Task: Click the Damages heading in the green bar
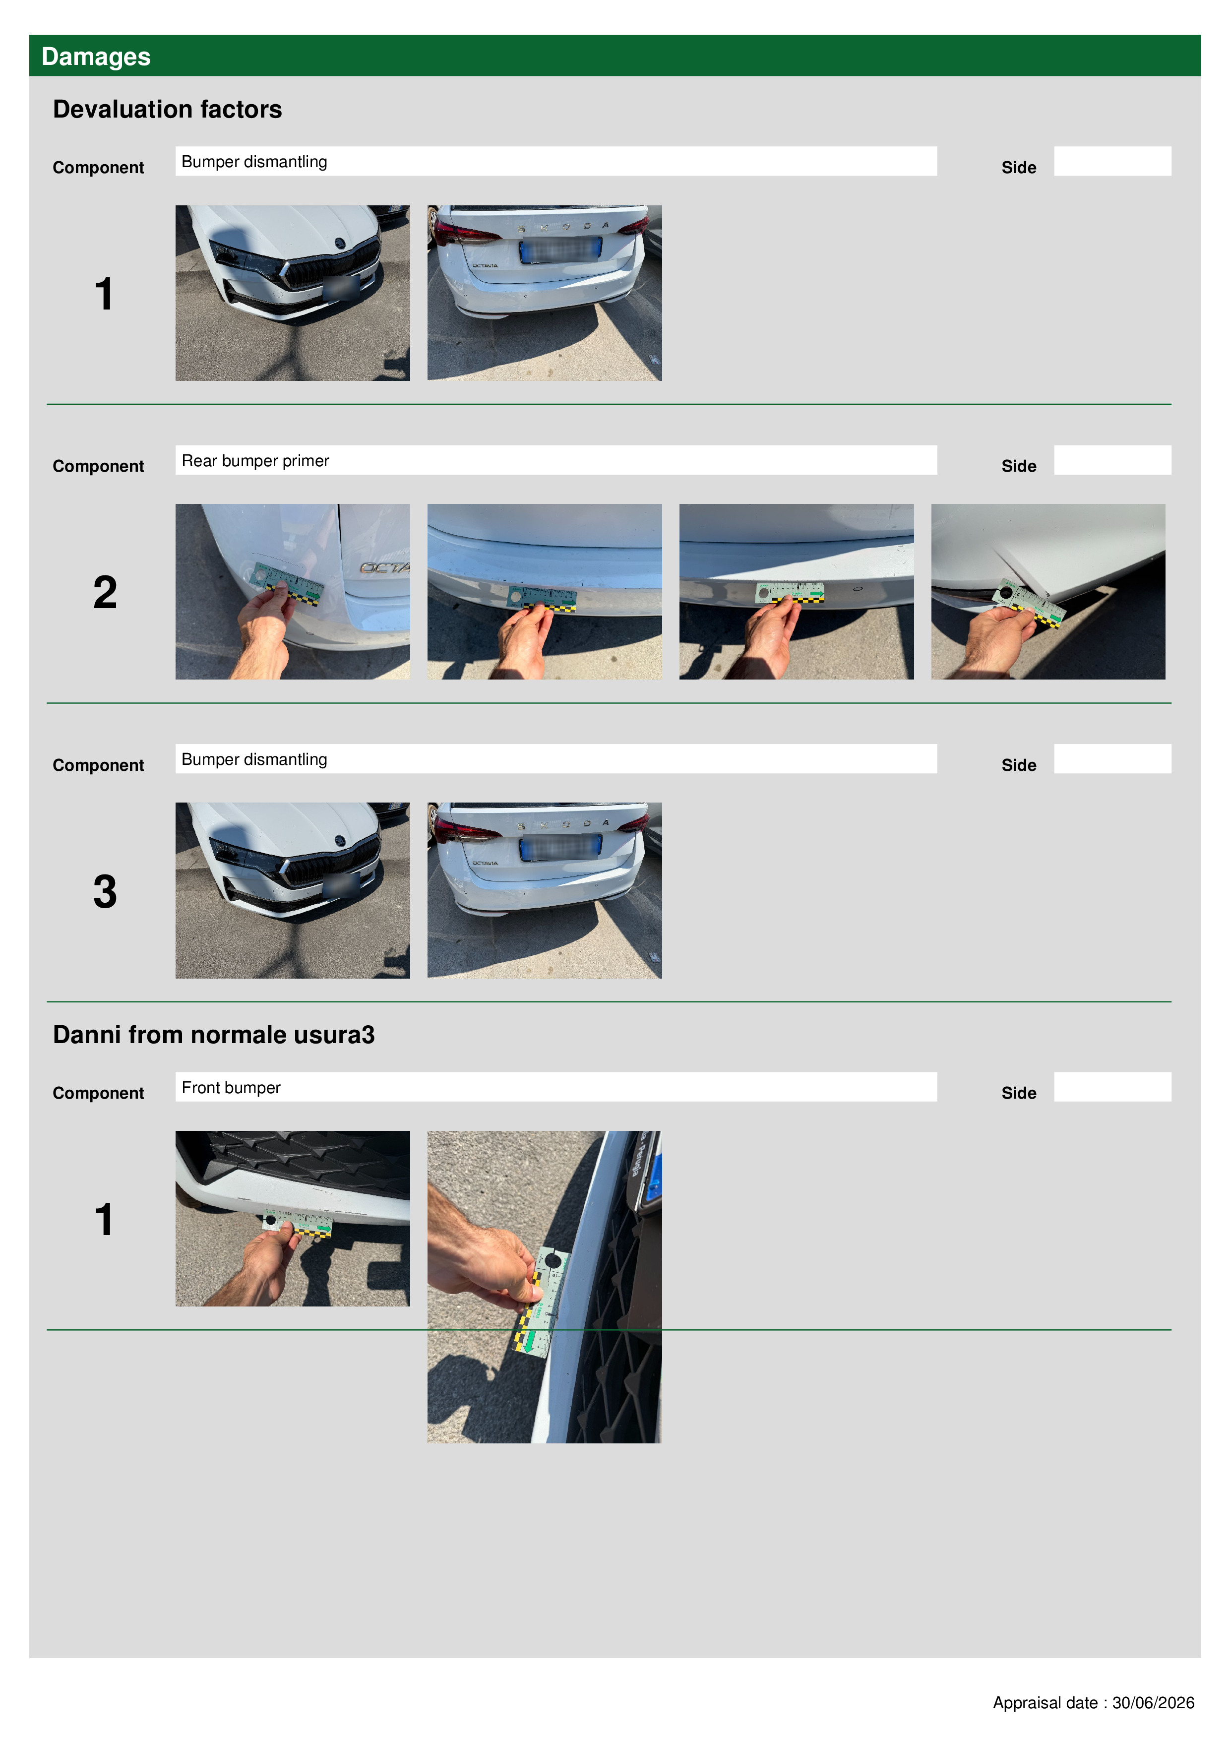96,57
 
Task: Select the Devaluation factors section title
168,109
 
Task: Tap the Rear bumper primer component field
555,460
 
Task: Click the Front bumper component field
555,1087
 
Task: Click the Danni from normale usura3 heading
214,1035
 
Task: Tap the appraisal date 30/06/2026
1153,1703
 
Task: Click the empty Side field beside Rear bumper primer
1112,460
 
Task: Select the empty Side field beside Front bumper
1112,1087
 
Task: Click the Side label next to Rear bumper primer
1019,466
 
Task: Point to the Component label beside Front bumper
99,1093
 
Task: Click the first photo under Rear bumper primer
293,592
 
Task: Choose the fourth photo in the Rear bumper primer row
1048,592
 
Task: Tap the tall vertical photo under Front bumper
544,1287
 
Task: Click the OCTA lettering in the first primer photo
385,567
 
